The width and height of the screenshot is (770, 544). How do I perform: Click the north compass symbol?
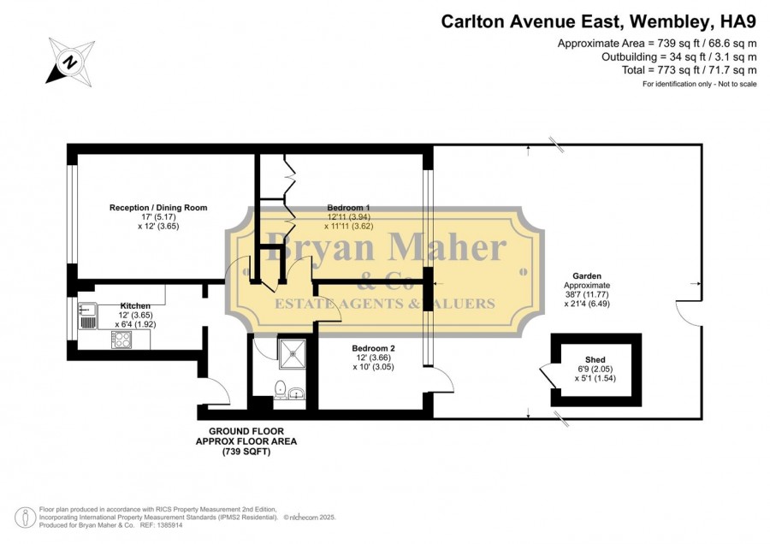tap(70, 62)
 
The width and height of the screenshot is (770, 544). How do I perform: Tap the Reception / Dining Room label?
tap(158, 208)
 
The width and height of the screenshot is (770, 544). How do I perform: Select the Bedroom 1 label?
tap(349, 208)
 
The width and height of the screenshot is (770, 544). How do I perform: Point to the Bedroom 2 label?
tap(373, 348)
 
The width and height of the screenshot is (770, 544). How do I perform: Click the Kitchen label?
tap(135, 306)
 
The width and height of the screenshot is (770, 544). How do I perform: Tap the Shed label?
tap(595, 359)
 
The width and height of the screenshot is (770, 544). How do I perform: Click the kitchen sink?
tap(88, 316)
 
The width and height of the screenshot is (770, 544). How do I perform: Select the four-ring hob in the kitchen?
tap(121, 340)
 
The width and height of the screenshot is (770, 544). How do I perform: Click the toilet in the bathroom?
tap(281, 389)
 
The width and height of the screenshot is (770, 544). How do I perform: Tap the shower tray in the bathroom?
tap(293, 353)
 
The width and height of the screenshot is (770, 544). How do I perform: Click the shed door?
tap(547, 376)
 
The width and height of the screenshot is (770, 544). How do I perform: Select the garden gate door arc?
tap(689, 313)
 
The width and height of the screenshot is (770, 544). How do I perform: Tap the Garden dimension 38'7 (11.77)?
tap(587, 294)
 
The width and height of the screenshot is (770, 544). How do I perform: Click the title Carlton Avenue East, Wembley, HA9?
tap(599, 21)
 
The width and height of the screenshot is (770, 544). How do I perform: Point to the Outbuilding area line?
tap(679, 57)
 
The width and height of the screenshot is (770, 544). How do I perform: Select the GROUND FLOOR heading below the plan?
tap(246, 431)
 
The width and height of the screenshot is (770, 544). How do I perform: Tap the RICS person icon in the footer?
tap(25, 517)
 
